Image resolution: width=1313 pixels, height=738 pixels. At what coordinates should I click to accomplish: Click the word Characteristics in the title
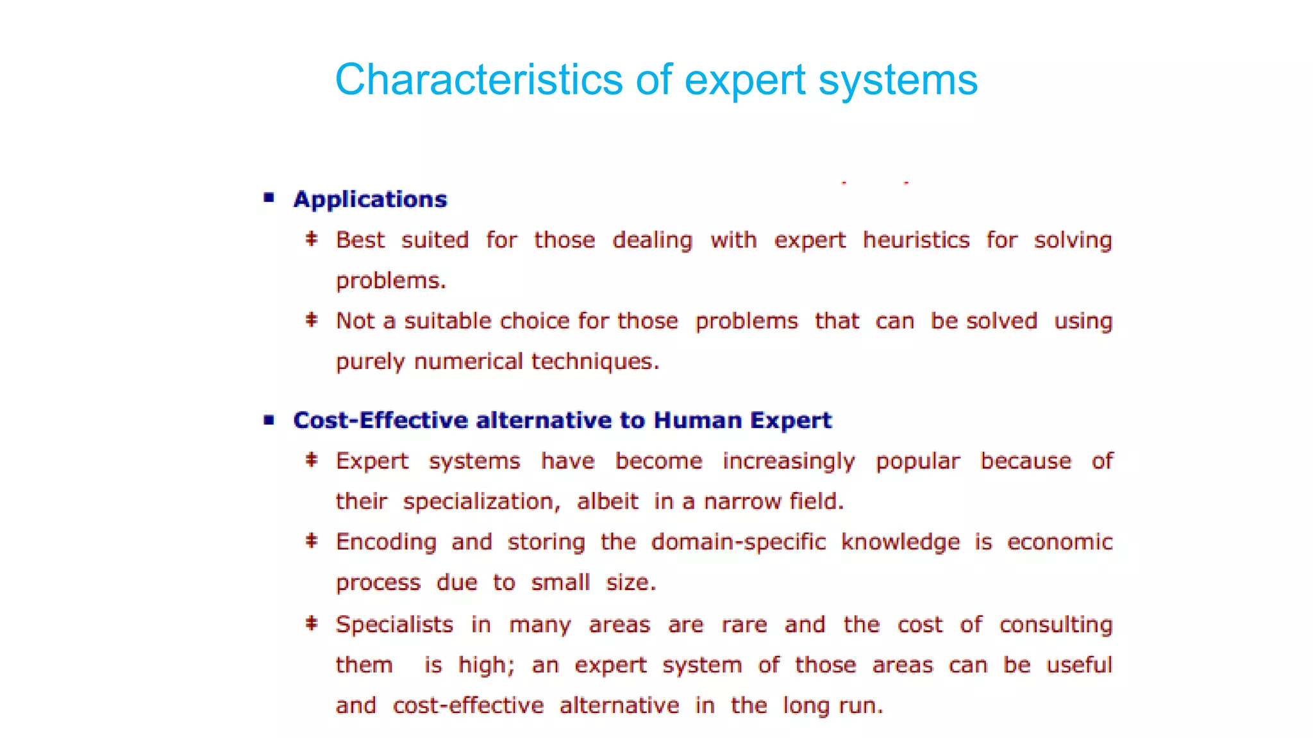pyautogui.click(x=478, y=80)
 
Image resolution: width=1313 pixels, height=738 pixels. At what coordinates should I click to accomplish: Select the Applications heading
pyautogui.click(x=370, y=199)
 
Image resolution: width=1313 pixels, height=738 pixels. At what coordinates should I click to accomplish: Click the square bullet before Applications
pyautogui.click(x=269, y=198)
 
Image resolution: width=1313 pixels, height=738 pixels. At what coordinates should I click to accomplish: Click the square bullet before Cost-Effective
pyautogui.click(x=269, y=420)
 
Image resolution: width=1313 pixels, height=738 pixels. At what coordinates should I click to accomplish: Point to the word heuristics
pyautogui.click(x=916, y=240)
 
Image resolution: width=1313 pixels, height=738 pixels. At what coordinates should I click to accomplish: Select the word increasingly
pyautogui.click(x=789, y=462)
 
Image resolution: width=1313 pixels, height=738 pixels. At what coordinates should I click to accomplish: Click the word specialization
pyautogui.click(x=481, y=502)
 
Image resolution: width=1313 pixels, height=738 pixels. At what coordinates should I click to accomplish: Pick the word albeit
pyautogui.click(x=607, y=502)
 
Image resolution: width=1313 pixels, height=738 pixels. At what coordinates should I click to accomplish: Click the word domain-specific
pyautogui.click(x=739, y=543)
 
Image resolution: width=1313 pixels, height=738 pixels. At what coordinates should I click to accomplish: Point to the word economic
pyautogui.click(x=1059, y=543)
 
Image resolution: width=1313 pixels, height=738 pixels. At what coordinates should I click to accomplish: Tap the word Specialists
pyautogui.click(x=394, y=625)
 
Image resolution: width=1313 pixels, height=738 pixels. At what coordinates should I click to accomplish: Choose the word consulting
pyautogui.click(x=1055, y=625)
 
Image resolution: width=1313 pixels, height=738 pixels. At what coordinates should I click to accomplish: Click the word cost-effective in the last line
pyautogui.click(x=468, y=706)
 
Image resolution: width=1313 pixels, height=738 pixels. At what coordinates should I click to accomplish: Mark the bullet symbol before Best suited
pyautogui.click(x=312, y=240)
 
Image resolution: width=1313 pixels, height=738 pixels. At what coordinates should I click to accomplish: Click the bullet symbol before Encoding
pyautogui.click(x=312, y=541)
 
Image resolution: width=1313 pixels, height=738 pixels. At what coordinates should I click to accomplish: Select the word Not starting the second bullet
pyautogui.click(x=355, y=321)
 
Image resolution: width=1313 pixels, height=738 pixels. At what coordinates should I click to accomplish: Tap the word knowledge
pyautogui.click(x=900, y=543)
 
